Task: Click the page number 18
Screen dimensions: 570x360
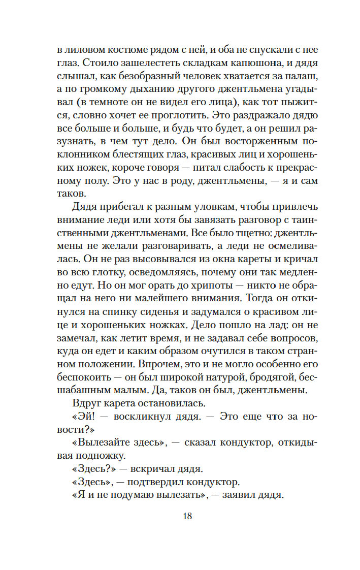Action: [186, 516]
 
